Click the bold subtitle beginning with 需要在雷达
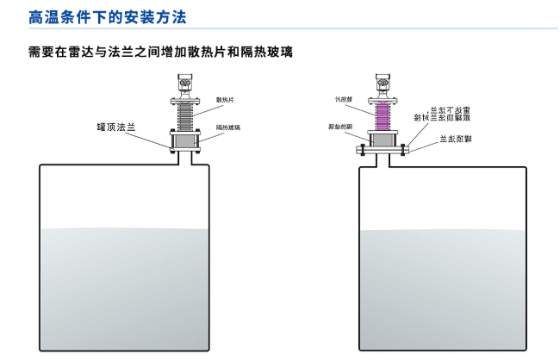click(x=160, y=53)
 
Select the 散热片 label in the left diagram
click(x=226, y=101)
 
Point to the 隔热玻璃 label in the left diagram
click(x=227, y=127)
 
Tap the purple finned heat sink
click(x=383, y=112)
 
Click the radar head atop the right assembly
click(x=383, y=84)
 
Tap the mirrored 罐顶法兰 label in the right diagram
click(x=452, y=139)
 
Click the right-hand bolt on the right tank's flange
click(x=403, y=150)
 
